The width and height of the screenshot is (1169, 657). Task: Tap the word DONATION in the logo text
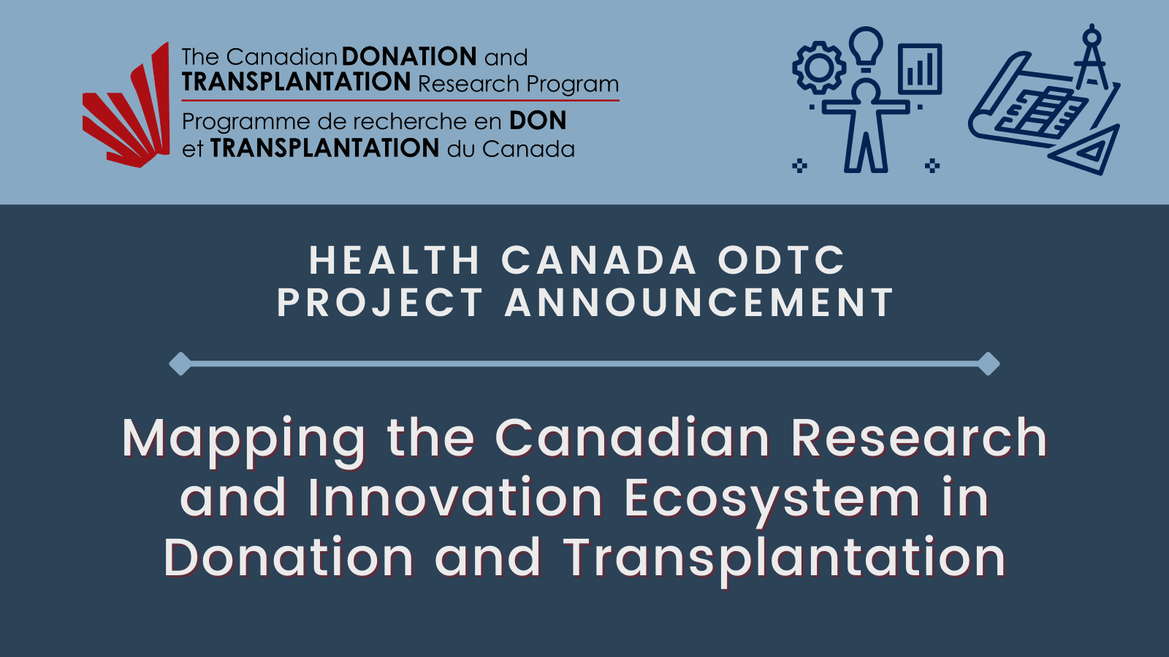tap(409, 56)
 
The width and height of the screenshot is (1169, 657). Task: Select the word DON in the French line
tap(538, 120)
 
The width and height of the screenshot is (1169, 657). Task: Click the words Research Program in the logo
tap(518, 83)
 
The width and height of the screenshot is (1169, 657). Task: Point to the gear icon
tap(819, 67)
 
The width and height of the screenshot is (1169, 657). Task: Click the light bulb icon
tap(866, 49)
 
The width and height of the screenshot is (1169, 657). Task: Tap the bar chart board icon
tap(920, 69)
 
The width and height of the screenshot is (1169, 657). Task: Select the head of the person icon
tap(866, 91)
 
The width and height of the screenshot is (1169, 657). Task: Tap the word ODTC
tap(781, 260)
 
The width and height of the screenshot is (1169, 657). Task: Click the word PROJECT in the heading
tap(380, 302)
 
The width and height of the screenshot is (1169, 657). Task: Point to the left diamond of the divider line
tap(180, 364)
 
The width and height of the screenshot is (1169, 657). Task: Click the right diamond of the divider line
tap(989, 364)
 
